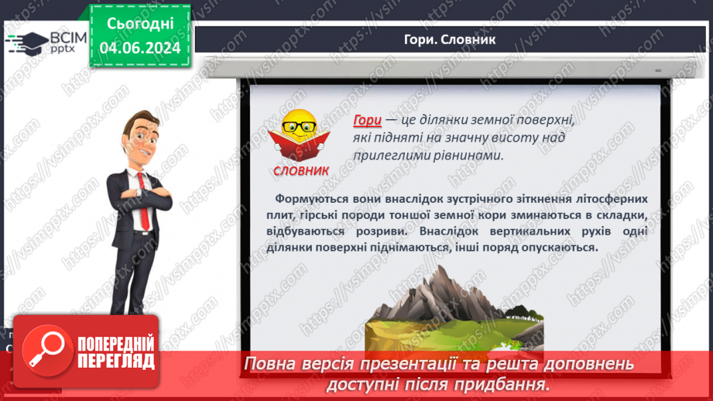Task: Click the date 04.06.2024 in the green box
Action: click(140, 48)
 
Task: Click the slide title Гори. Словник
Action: click(450, 39)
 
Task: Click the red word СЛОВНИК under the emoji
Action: click(301, 171)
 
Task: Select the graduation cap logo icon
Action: click(27, 41)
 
